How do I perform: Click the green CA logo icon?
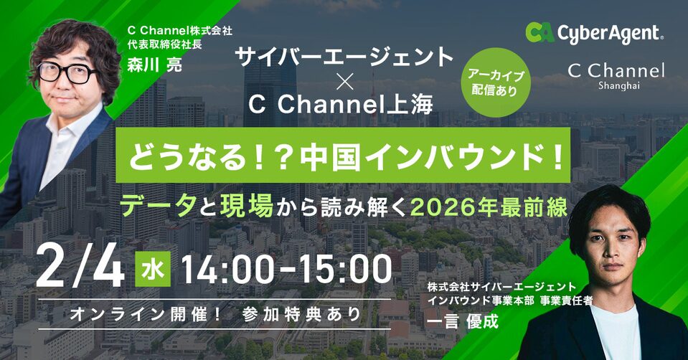point(540,32)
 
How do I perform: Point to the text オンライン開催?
point(143,313)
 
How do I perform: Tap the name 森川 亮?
point(155,62)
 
